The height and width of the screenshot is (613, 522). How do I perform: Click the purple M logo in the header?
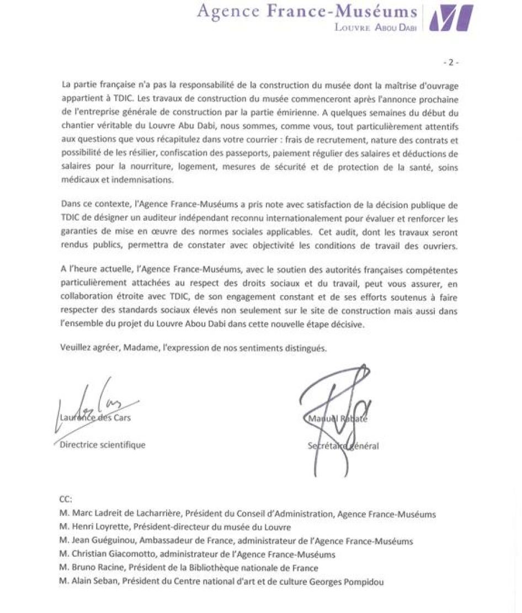click(x=451, y=17)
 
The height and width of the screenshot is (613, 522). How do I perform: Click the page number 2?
click(x=450, y=62)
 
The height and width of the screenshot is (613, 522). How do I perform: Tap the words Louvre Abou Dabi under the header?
click(x=375, y=26)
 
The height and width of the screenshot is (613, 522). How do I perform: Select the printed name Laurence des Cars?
click(x=95, y=418)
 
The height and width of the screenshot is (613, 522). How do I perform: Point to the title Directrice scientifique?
click(x=103, y=444)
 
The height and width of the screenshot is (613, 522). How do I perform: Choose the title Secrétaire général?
click(x=343, y=446)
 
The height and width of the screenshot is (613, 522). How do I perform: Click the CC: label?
click(x=65, y=500)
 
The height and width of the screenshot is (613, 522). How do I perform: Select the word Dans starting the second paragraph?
click(x=70, y=204)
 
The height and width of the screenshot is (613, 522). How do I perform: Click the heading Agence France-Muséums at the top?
click(x=307, y=11)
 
